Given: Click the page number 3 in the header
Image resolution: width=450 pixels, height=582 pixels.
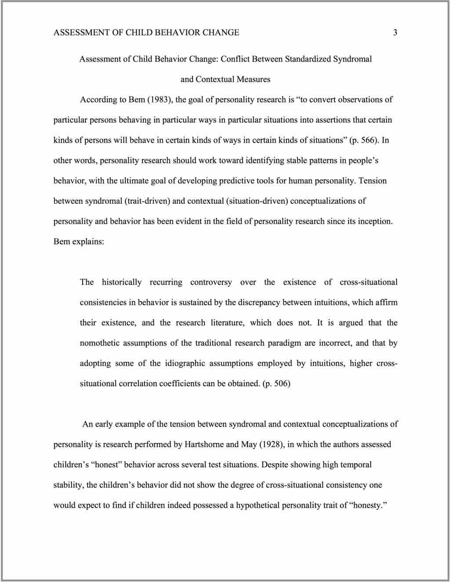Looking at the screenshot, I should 395,33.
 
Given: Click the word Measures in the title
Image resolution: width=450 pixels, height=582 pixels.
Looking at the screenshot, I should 254,80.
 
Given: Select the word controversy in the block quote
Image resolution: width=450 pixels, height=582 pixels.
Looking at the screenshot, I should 211,282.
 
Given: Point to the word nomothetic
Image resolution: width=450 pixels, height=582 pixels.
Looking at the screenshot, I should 99,343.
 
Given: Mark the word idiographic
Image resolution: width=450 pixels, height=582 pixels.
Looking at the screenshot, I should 185,363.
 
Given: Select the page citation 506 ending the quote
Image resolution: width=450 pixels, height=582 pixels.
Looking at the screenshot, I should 281,383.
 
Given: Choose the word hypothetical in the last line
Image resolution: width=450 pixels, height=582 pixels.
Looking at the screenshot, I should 258,506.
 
